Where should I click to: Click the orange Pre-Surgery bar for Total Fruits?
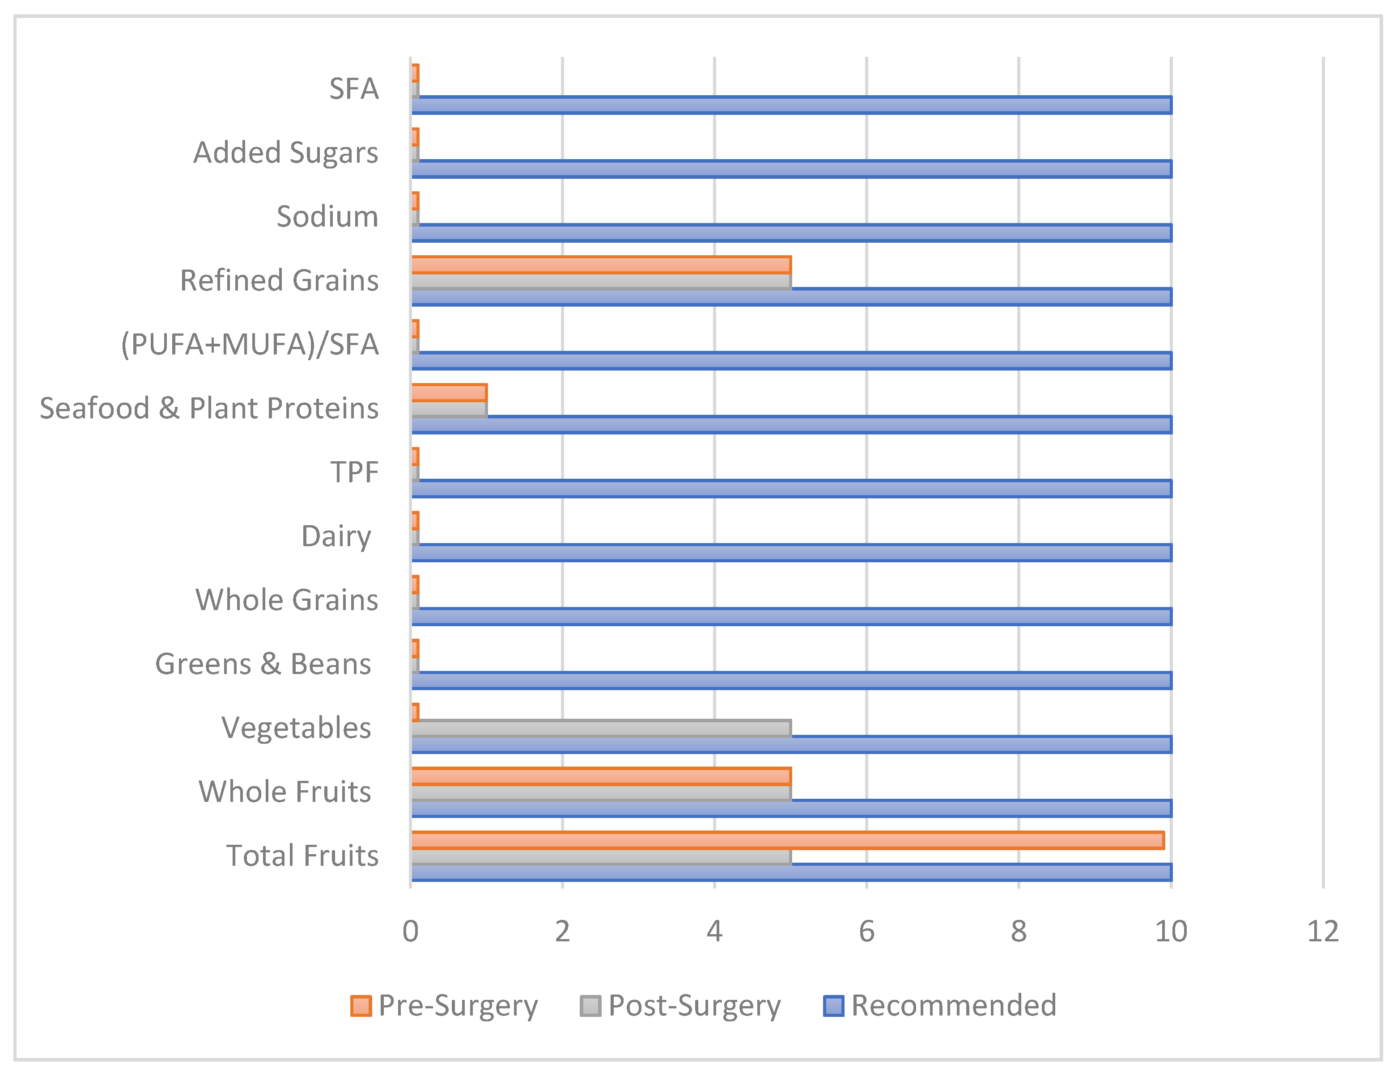pyautogui.click(x=787, y=840)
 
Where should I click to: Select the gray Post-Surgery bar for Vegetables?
pyautogui.click(x=601, y=728)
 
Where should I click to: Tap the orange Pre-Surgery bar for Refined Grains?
pyautogui.click(x=601, y=265)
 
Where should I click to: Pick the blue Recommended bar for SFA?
pyautogui.click(x=791, y=105)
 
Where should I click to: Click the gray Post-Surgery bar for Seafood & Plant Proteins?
pyautogui.click(x=449, y=409)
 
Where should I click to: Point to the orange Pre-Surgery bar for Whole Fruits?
pyautogui.click(x=601, y=776)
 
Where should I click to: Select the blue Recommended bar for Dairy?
pyautogui.click(x=791, y=552)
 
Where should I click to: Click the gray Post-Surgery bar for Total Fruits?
pyautogui.click(x=601, y=856)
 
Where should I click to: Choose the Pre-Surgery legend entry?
pyautogui.click(x=445, y=1006)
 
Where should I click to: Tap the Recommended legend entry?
pyautogui.click(x=940, y=1006)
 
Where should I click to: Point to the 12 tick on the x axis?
pyautogui.click(x=1323, y=931)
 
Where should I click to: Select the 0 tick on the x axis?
pyautogui.click(x=411, y=931)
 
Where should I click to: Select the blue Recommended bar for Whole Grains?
pyautogui.click(x=791, y=616)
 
